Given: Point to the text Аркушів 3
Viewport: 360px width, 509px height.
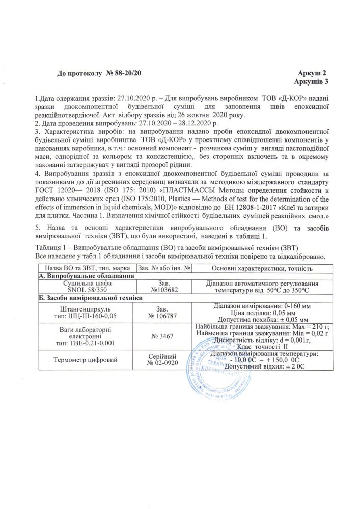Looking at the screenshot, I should click(x=311, y=81).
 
